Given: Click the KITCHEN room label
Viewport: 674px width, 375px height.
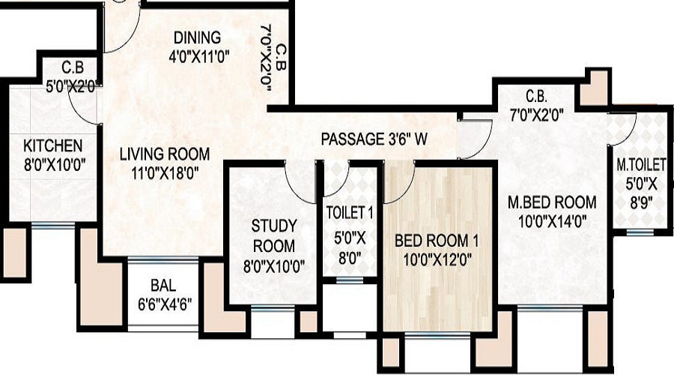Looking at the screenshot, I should [52, 145].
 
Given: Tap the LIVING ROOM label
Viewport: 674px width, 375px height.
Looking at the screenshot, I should [165, 154].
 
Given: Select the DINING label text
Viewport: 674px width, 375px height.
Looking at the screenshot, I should [197, 37].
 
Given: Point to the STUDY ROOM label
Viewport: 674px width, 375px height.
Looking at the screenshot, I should [273, 235].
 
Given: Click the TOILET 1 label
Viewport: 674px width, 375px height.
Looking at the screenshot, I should [350, 212].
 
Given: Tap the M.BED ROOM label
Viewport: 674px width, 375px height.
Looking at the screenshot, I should [551, 202].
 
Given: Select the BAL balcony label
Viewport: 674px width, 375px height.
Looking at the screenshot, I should [163, 285].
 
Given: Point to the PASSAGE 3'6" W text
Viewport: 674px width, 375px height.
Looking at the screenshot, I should [374, 139].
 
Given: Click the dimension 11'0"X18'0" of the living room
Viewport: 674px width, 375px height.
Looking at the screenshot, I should [165, 172].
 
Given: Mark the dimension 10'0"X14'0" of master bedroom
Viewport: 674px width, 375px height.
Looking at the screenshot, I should [551, 220].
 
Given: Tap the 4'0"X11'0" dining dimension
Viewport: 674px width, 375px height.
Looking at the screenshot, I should [197, 55].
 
